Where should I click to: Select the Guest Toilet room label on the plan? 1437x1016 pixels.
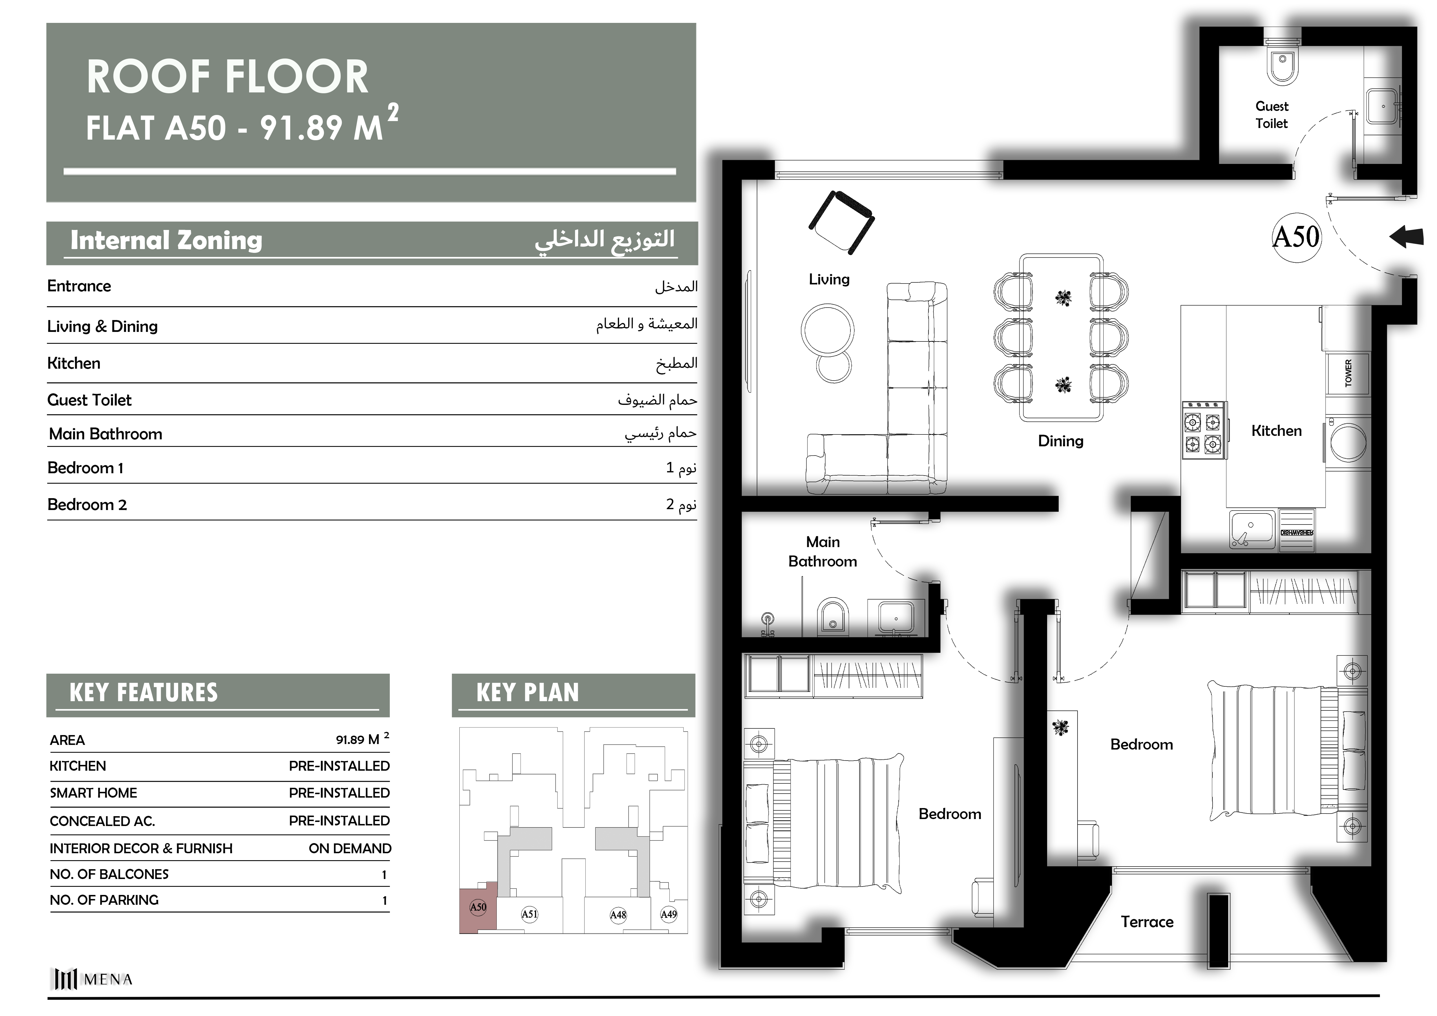pos(1272,115)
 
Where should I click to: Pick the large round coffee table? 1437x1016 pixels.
pos(827,330)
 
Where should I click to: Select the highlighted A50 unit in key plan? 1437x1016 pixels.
pos(478,907)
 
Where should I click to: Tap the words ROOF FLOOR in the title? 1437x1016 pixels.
pos(227,77)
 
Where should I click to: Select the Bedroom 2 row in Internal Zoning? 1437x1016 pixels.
pos(372,504)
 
